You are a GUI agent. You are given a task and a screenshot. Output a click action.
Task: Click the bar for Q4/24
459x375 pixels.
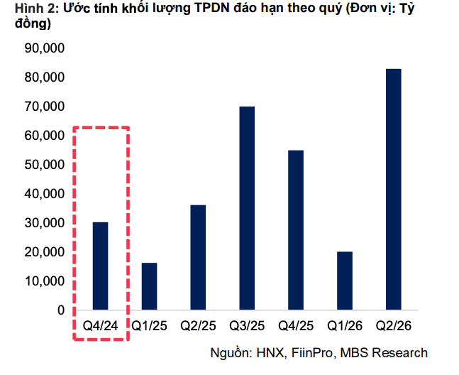point(101,266)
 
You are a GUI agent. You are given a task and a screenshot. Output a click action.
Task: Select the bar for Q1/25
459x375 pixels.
point(149,286)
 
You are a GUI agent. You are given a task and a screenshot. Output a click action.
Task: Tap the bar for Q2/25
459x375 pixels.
point(198,257)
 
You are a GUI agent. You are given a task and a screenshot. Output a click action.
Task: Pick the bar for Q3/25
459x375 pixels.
point(247,208)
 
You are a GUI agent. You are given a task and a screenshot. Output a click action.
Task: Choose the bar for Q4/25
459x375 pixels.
point(296,230)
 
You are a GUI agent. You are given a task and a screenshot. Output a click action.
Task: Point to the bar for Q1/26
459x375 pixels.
point(345,281)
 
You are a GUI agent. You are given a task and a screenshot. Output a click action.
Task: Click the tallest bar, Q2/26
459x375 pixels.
point(394,189)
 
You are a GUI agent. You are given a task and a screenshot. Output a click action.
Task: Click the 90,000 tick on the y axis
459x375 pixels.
point(45,48)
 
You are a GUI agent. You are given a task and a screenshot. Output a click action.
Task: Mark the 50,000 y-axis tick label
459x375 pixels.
point(45,165)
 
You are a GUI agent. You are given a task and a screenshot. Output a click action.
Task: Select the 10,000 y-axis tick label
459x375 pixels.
point(45,281)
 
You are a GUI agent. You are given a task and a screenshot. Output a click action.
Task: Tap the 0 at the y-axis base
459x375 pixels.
point(61,310)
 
